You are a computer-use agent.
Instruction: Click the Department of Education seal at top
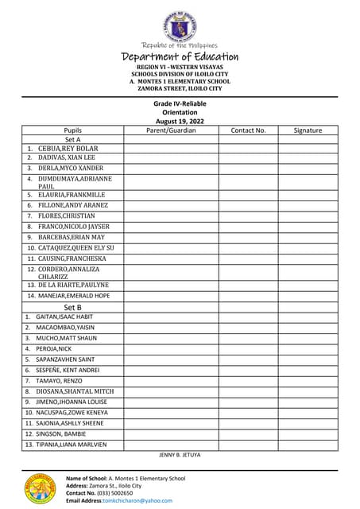(180, 25)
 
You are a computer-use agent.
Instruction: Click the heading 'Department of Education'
(180, 56)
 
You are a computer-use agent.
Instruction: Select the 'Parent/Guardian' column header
(171, 130)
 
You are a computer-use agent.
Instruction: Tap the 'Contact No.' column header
(248, 130)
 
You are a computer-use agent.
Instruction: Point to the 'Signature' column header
(308, 130)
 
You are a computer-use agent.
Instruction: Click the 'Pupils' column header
(73, 130)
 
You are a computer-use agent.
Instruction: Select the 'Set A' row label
(73, 139)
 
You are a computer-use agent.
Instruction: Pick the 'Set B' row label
(73, 307)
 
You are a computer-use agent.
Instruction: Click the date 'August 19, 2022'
(180, 121)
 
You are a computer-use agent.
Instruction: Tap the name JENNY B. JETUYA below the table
(180, 455)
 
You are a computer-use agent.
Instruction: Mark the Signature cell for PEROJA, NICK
(308, 348)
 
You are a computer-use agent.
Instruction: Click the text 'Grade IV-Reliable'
(180, 104)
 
